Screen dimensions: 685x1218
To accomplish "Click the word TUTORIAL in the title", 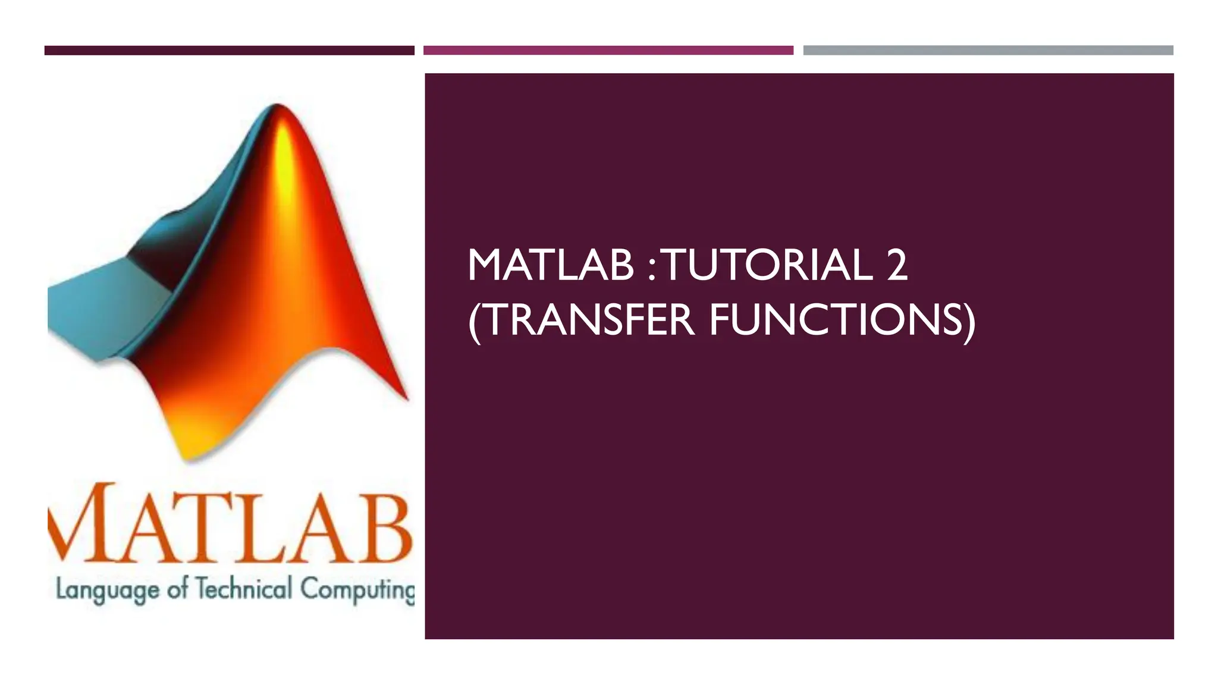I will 767,265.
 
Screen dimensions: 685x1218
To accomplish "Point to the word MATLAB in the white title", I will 551,265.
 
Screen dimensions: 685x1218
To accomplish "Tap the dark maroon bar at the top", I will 229,51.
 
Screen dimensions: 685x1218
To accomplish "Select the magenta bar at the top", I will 608,51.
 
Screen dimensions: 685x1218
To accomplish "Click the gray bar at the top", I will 988,51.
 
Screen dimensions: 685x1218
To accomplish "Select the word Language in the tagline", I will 107,590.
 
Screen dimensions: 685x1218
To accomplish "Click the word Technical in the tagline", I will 244,590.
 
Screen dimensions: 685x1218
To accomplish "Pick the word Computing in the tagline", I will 357,590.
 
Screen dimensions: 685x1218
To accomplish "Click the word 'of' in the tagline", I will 177,589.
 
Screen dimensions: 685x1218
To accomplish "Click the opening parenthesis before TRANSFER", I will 474,321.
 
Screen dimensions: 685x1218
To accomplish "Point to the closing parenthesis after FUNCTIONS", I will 969,321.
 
